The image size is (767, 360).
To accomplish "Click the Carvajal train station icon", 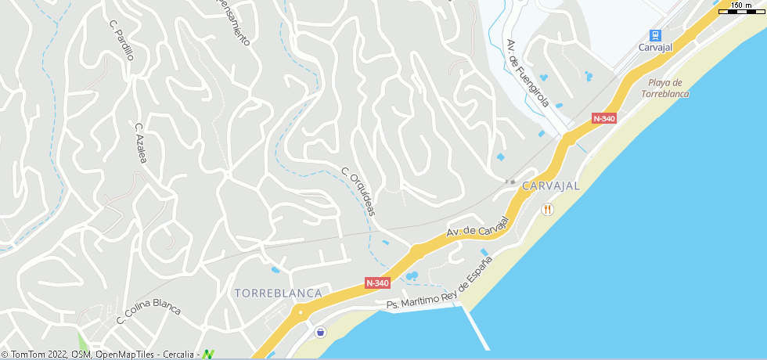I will pyautogui.click(x=655, y=35).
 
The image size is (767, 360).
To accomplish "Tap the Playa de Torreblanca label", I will pyautogui.click(x=664, y=88).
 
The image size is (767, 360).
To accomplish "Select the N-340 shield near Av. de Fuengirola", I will pyautogui.click(x=604, y=118).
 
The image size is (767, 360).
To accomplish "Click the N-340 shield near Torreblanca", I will pyautogui.click(x=377, y=283).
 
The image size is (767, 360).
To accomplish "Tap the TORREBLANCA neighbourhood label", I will pyautogui.click(x=278, y=293).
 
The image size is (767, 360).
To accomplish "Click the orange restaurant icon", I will pyautogui.click(x=548, y=209).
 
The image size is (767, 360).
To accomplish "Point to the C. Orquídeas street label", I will pyautogui.click(x=358, y=191).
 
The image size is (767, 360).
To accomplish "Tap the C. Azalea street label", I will pyautogui.click(x=141, y=142).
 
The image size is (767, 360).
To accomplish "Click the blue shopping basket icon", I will pyautogui.click(x=320, y=333).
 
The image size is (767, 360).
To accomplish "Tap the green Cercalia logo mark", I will pyautogui.click(x=208, y=355).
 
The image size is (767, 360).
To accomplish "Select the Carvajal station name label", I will pyautogui.click(x=655, y=48).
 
